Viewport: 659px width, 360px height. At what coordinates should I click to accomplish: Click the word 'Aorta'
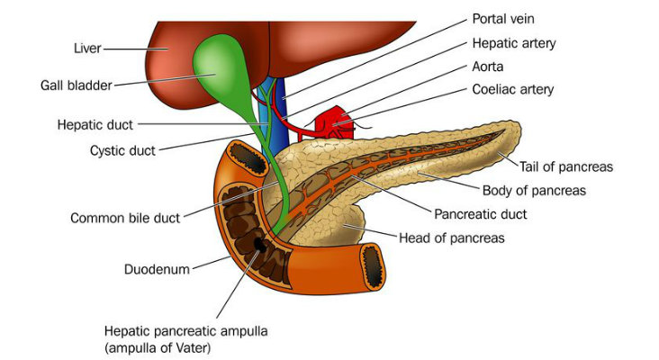coord(490,67)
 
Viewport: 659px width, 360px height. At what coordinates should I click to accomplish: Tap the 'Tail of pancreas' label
coord(565,166)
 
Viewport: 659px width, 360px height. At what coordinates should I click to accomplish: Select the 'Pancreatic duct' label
coord(480,215)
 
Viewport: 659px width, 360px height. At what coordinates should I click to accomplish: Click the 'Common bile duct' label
coord(125,218)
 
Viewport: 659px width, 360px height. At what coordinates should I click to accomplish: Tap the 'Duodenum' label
coord(157,268)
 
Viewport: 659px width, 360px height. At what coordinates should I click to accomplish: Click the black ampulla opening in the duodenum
coord(259,244)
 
